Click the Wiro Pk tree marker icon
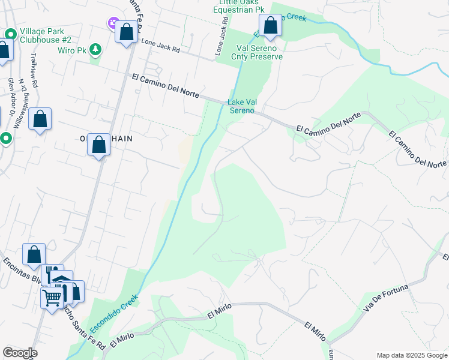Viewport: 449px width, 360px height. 95,49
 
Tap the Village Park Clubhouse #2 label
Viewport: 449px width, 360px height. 46,35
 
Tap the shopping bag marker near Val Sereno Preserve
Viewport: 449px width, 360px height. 271,26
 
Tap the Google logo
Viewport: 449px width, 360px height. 20,352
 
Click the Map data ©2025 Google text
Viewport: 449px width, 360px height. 411,355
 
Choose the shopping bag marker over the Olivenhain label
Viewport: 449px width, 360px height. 99,145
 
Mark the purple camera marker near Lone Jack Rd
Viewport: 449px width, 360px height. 113,23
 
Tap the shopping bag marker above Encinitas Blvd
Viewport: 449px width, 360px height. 34,254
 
